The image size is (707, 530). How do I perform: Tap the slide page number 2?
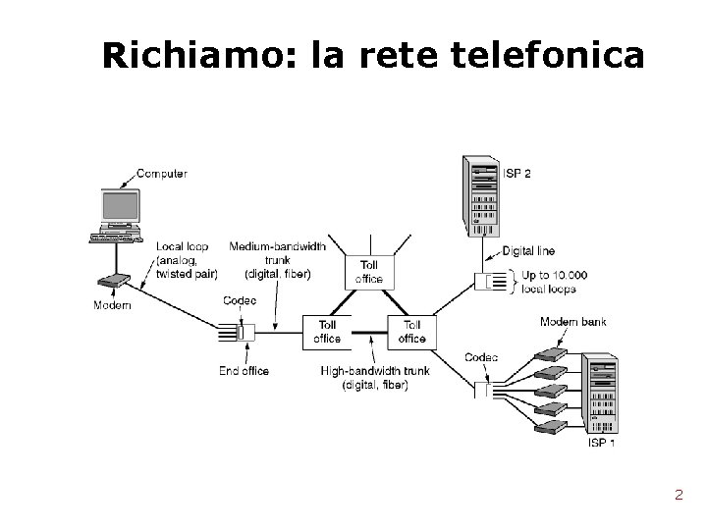679,495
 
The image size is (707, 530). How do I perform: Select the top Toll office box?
369,271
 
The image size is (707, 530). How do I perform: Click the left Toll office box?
327,332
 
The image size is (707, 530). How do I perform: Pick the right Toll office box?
412,332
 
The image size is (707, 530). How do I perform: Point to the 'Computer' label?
162,174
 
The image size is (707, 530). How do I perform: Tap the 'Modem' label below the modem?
112,305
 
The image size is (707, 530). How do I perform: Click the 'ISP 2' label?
517,174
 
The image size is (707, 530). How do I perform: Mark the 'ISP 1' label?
601,442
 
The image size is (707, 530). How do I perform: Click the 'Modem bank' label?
572,322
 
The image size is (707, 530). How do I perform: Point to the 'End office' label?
244,371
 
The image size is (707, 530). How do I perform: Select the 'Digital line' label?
530,251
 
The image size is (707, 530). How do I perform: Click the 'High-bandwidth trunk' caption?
374,378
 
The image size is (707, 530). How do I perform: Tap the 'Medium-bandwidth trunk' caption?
270,259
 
